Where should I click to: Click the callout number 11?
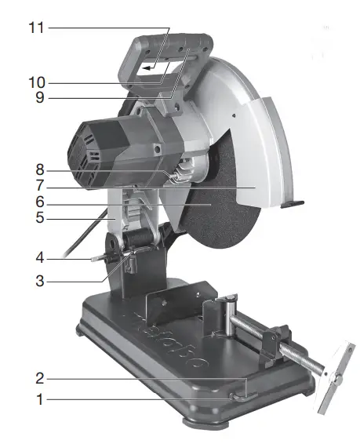coord(37,28)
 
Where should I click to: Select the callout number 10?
coord(37,82)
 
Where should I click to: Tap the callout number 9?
coord(40,97)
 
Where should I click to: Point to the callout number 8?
coord(40,170)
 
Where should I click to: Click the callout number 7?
coord(40,186)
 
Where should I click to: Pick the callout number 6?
coord(40,202)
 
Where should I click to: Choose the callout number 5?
coord(40,218)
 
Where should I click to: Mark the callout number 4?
coord(40,258)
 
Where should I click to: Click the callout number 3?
coord(40,281)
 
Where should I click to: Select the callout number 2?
coord(40,378)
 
